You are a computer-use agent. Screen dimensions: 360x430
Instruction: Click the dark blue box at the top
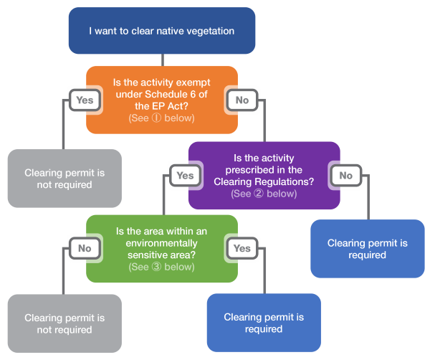pyautogui.click(x=162, y=31)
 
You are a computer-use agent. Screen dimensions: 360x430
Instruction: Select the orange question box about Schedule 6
pyautogui.click(x=161, y=100)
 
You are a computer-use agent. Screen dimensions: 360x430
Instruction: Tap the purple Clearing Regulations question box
pyautogui.click(x=264, y=175)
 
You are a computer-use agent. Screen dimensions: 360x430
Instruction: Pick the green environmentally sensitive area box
pyautogui.click(x=161, y=248)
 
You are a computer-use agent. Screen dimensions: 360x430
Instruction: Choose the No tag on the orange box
pyautogui.click(x=242, y=100)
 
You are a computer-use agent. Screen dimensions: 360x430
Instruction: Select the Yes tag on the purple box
pyautogui.click(x=185, y=175)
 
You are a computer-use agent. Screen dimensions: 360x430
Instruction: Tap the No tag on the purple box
pyautogui.click(x=345, y=175)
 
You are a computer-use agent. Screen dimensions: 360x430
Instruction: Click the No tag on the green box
pyautogui.click(x=85, y=248)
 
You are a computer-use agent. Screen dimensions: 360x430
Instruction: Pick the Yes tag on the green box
pyautogui.click(x=242, y=248)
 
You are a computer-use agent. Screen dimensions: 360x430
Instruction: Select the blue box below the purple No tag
pyautogui.click(x=366, y=249)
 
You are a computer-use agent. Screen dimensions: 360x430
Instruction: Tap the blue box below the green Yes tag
pyautogui.click(x=264, y=323)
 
